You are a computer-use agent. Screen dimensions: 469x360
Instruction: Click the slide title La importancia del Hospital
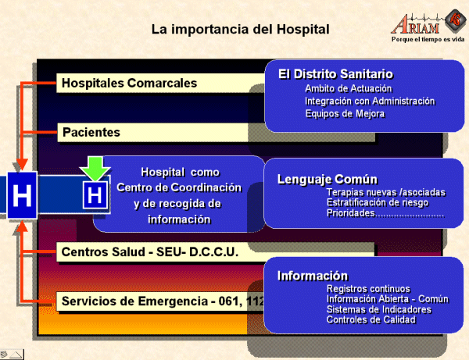[x=241, y=29]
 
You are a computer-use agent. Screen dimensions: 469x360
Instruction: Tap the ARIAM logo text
[x=416, y=25]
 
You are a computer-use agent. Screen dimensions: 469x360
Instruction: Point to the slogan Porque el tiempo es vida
[x=428, y=39]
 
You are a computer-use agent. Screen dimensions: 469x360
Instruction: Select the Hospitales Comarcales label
[x=129, y=83]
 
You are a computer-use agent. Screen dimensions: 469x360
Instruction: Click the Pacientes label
[x=91, y=132]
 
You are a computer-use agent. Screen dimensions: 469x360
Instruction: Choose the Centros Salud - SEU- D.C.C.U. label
[x=150, y=252]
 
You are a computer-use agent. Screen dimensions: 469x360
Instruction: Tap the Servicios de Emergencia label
[x=163, y=301]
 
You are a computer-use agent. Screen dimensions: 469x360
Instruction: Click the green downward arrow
[x=95, y=168]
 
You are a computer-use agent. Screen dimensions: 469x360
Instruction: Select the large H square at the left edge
[x=22, y=195]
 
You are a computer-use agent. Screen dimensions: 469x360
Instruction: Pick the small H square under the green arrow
[x=95, y=195]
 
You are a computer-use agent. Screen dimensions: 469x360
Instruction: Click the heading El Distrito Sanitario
[x=335, y=74]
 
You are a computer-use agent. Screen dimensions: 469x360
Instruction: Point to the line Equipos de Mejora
[x=345, y=113]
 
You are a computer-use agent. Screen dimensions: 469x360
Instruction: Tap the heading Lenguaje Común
[x=328, y=180]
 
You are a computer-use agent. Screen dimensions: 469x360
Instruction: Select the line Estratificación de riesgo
[x=378, y=202]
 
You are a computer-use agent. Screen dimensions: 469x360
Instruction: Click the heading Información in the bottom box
[x=313, y=276]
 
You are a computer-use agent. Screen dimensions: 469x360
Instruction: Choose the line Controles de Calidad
[x=371, y=319]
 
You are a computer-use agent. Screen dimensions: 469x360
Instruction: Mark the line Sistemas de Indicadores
[x=379, y=309]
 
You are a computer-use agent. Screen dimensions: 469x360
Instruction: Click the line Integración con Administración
[x=370, y=101]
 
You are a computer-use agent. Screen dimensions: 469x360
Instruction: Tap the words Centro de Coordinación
[x=179, y=187]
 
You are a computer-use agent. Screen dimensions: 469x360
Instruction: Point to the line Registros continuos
[x=368, y=289]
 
